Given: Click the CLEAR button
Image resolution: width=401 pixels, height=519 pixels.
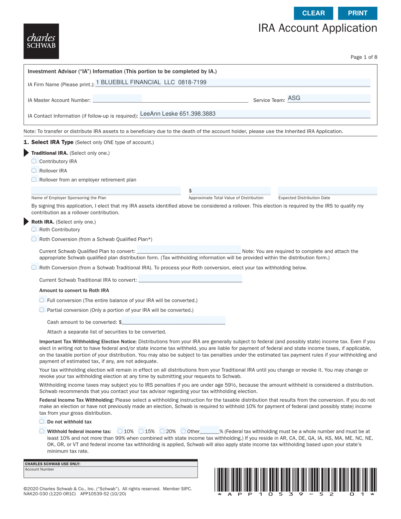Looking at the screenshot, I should (x=313, y=13).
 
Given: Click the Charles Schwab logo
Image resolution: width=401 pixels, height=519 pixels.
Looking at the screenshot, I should (x=41, y=41).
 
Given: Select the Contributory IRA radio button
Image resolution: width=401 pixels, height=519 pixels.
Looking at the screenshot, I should (x=34, y=161).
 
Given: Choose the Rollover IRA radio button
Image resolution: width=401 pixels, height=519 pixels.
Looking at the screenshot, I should (x=34, y=170).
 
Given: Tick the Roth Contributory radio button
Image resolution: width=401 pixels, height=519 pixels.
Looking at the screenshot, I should (x=34, y=229).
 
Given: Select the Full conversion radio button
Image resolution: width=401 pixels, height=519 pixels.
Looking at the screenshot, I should (x=42, y=300).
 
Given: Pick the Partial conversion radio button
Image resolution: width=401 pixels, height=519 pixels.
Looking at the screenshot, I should (x=42, y=310).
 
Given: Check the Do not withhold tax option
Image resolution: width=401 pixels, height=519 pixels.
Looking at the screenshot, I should (x=42, y=421).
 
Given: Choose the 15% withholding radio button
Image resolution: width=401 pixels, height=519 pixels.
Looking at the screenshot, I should (x=141, y=431).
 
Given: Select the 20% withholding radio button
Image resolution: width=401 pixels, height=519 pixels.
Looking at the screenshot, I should (x=162, y=431).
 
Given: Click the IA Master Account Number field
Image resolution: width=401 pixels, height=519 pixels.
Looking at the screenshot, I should (x=117, y=98).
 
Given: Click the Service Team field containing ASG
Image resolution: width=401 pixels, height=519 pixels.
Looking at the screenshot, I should (x=328, y=98).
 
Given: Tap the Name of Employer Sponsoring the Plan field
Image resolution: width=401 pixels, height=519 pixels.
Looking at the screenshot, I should (x=106, y=190).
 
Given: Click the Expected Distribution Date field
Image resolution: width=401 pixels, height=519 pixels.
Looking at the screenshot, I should (x=327, y=190).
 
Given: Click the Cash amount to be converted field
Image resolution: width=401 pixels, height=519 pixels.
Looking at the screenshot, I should (x=173, y=320).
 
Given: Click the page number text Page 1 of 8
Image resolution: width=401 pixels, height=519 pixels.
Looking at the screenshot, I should (x=364, y=57).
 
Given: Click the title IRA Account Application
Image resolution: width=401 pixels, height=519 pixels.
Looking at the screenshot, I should (x=317, y=28).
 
